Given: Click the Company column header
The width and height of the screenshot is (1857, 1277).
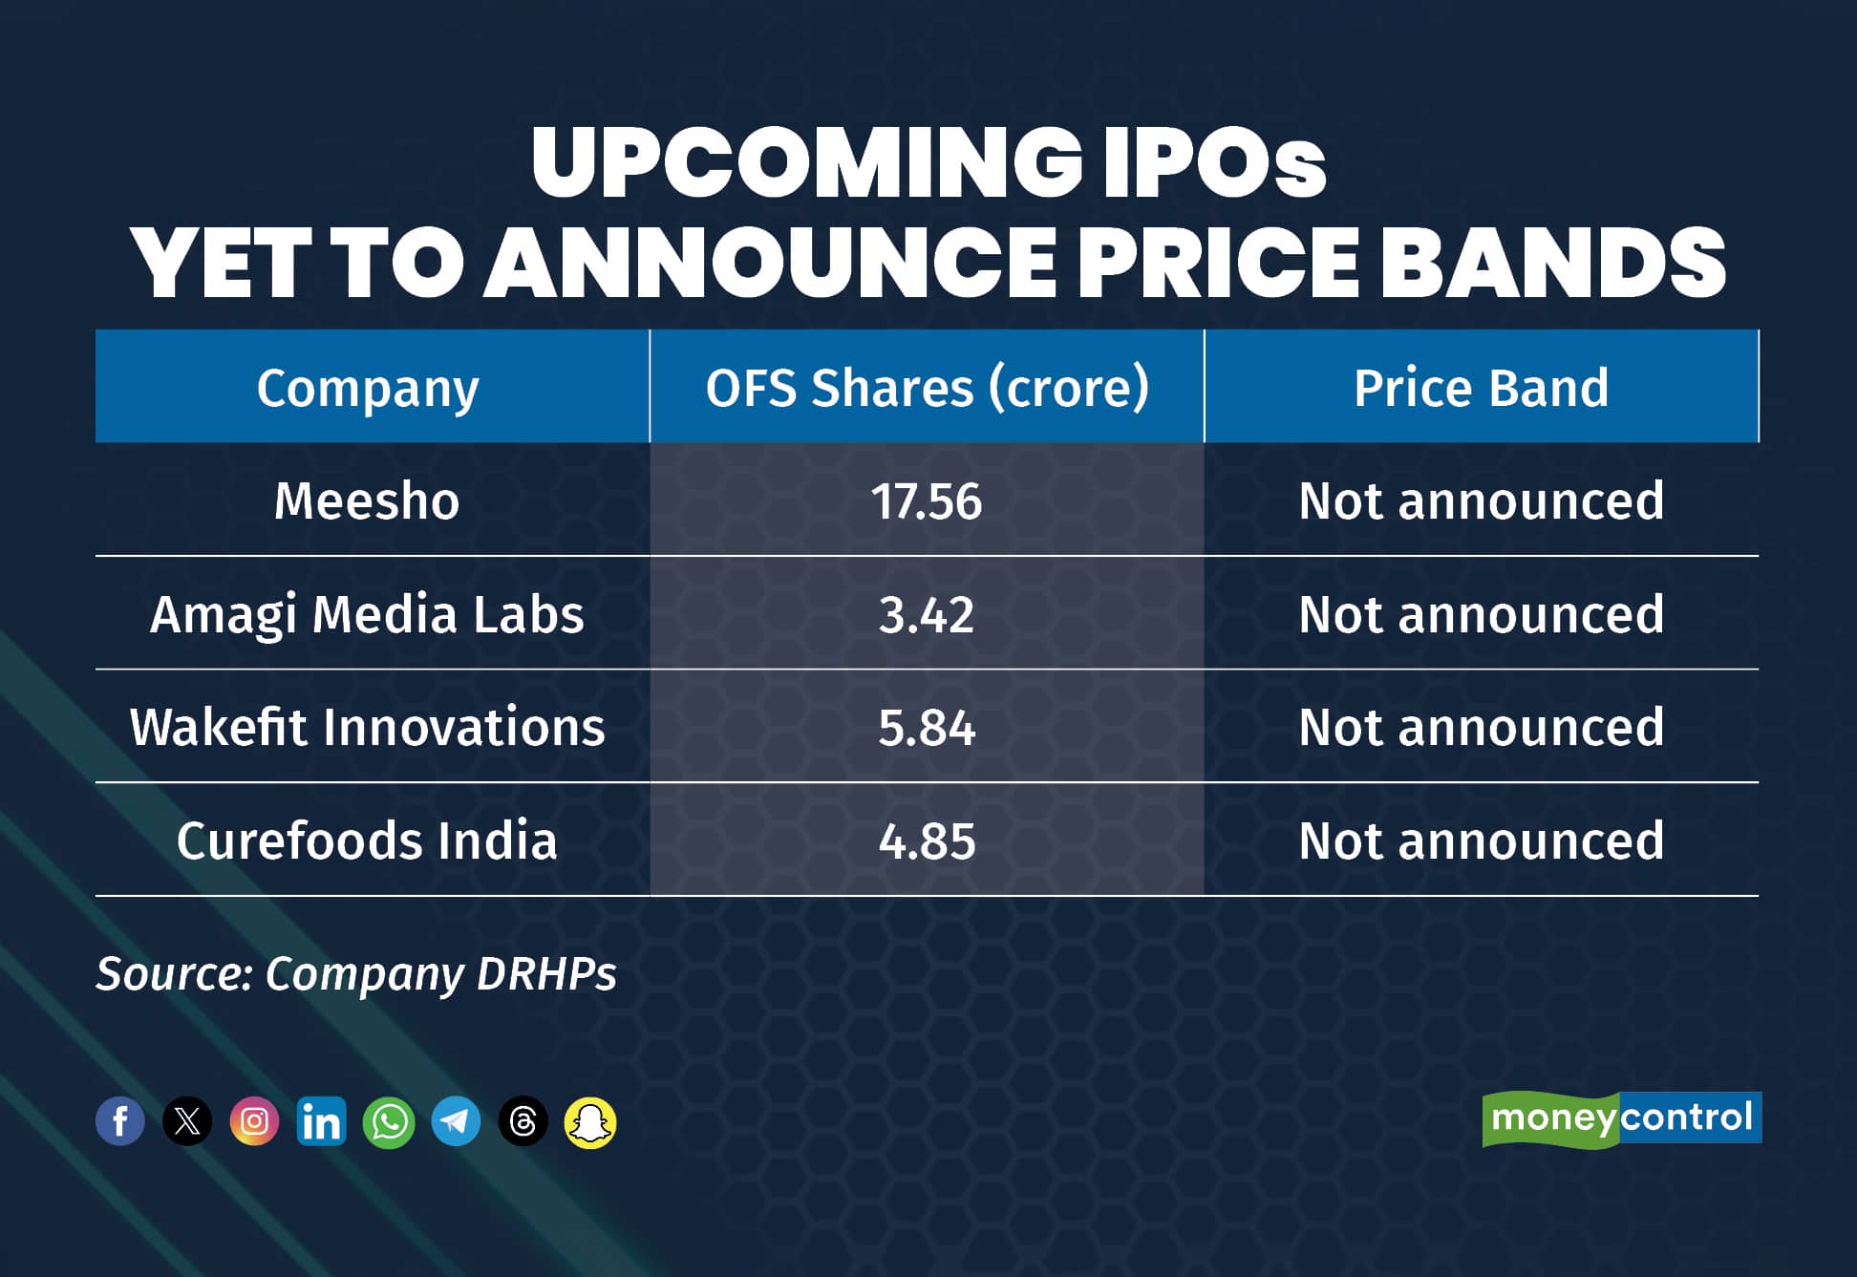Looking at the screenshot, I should [x=368, y=388].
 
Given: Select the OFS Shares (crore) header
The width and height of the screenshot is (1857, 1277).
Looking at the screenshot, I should [x=927, y=388].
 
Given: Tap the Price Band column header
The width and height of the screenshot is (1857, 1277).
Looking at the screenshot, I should [x=1481, y=388].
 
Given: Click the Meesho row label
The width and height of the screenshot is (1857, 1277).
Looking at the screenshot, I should [x=367, y=500].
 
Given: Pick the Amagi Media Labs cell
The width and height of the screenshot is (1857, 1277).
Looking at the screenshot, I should [x=367, y=614].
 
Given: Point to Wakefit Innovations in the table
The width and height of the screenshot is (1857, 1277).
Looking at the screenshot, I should [x=367, y=727].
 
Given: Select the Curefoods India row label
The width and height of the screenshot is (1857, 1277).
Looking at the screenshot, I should [x=367, y=841].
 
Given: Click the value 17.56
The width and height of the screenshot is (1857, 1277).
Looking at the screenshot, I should [x=927, y=500].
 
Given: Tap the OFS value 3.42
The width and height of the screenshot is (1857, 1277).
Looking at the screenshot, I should [x=927, y=614].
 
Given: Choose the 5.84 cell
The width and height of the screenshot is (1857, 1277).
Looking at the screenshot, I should [x=927, y=727].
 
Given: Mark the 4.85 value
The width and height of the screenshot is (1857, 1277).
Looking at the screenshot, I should [x=927, y=841].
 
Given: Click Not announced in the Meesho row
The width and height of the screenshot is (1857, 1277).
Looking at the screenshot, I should [x=1481, y=500].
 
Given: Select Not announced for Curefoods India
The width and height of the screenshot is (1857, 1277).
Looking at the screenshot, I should [x=1481, y=841].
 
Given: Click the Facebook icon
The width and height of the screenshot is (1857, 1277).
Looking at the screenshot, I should [x=120, y=1121].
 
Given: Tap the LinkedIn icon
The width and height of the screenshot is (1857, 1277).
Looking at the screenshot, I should [x=321, y=1121].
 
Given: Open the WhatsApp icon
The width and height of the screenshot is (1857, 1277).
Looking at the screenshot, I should [x=389, y=1121].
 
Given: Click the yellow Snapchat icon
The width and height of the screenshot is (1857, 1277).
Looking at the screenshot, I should [x=590, y=1121].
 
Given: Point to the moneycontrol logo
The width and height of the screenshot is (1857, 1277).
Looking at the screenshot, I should [x=1621, y=1117].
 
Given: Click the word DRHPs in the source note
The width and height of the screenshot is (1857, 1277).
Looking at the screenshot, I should [x=546, y=974].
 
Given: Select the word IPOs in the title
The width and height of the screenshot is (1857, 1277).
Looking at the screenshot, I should [x=1213, y=162].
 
